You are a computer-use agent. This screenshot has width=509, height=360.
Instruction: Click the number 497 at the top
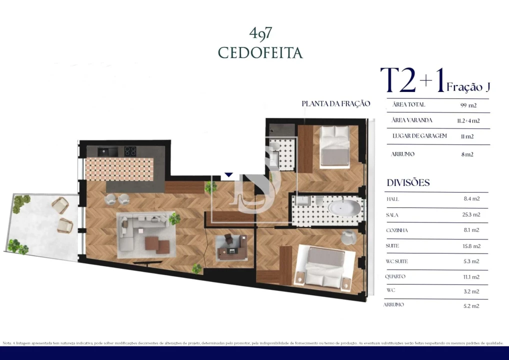[x=260, y=33]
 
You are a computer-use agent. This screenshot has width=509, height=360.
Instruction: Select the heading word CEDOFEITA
[x=260, y=52]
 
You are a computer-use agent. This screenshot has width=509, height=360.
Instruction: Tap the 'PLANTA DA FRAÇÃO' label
[x=335, y=103]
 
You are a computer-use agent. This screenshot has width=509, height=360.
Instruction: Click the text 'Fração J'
[x=468, y=87]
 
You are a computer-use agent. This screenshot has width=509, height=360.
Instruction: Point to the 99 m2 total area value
[x=468, y=105]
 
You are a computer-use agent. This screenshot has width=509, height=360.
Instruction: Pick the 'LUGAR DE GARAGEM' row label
[x=419, y=136]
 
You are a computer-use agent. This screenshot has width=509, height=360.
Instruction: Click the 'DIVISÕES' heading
[x=408, y=182]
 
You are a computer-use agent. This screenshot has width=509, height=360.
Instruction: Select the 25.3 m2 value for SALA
[x=469, y=214]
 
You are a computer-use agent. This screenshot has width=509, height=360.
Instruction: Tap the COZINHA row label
[x=397, y=230]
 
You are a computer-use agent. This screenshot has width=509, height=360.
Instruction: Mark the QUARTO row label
[x=395, y=276]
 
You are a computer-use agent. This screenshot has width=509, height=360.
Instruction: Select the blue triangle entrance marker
[x=228, y=175]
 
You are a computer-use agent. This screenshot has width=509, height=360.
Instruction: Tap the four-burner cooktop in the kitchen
[x=130, y=150]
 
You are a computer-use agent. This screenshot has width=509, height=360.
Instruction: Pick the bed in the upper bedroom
[x=334, y=146]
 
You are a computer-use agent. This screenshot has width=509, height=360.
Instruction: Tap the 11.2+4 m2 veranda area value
[x=468, y=120]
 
